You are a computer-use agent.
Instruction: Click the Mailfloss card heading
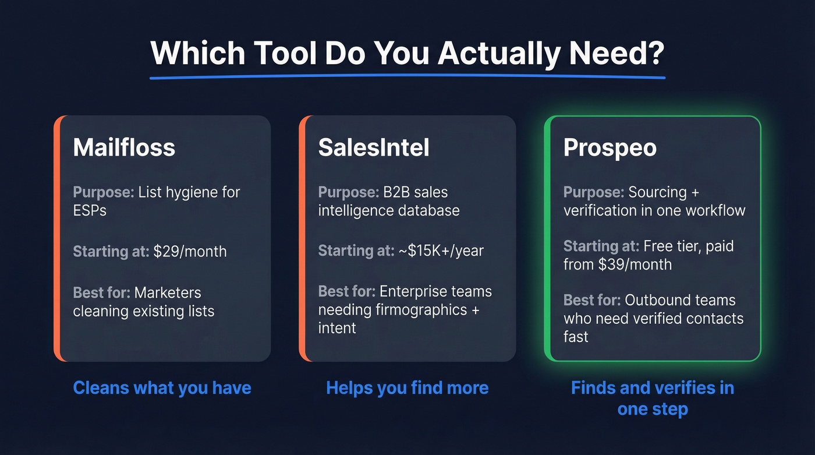124,147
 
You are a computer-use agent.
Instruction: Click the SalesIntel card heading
374,147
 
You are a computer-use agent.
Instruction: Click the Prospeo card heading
610,147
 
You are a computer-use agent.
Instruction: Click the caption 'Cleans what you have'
162,388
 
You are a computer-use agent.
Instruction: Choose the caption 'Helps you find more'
407,388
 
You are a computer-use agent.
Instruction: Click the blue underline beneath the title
407,76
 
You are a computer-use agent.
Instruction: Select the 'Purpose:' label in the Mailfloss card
103,192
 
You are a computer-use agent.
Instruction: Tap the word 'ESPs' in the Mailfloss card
90,210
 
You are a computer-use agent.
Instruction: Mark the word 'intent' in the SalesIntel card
337,328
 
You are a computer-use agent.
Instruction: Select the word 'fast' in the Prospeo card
575,337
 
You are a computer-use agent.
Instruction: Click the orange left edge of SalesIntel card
302,238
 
